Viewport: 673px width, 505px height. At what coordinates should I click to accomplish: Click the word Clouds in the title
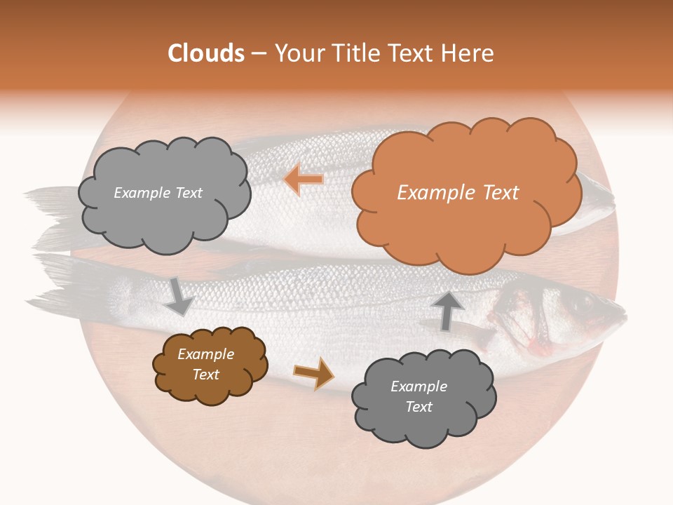point(207,53)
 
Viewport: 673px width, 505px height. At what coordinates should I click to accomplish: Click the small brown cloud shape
point(210,364)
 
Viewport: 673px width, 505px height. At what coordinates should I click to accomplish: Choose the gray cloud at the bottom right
point(423,398)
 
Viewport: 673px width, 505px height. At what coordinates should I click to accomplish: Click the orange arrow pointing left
point(304,179)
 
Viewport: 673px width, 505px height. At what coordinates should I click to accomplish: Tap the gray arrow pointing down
point(179,297)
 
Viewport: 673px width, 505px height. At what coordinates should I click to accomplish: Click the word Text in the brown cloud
point(206,375)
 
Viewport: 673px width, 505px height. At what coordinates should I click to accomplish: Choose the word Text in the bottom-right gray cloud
point(419,407)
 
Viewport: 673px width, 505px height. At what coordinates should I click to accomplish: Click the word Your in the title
point(297,53)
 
